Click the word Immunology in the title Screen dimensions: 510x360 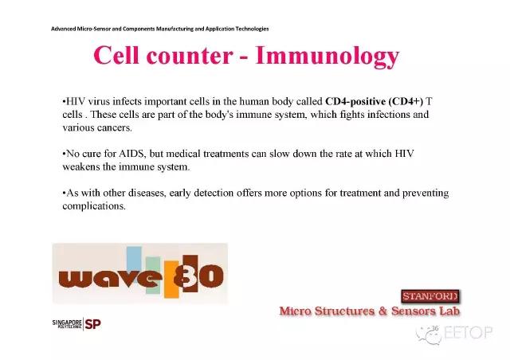click(328, 57)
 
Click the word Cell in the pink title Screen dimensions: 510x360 click(116, 55)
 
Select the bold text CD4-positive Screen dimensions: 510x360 click(355, 102)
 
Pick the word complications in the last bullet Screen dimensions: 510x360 click(94, 206)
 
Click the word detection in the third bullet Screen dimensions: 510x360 click(214, 193)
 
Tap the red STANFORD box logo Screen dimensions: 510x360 click(430, 296)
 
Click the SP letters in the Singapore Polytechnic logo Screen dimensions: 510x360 click(92, 324)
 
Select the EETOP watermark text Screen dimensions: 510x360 click(468, 332)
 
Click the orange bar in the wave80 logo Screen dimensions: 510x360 click(171, 279)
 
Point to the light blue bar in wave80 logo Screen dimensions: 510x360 click(134, 259)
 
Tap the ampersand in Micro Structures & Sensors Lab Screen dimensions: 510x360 click(382, 311)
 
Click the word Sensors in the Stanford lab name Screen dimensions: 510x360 click(413, 311)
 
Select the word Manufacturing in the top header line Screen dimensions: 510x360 click(175, 29)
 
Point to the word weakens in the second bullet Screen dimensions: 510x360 click(81, 166)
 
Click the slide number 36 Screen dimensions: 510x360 click(435, 328)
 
